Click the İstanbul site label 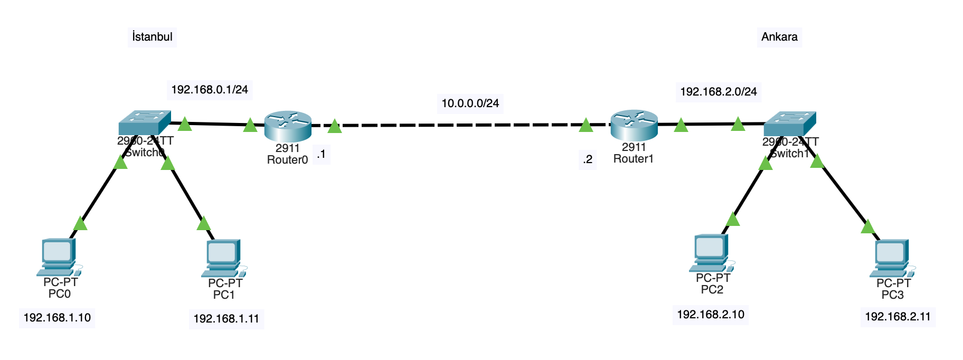(x=152, y=37)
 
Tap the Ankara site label (x=779, y=37)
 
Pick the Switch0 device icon (x=145, y=122)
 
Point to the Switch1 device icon (x=790, y=124)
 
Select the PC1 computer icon (x=223, y=258)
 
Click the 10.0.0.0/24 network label (x=470, y=103)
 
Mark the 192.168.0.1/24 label (x=210, y=90)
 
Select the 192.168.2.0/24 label (x=718, y=92)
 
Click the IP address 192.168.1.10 (x=57, y=318)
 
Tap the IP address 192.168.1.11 (x=226, y=319)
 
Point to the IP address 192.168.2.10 (x=711, y=315)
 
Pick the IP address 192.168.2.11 (x=898, y=317)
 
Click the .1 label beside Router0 (x=321, y=155)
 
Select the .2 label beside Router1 (x=588, y=159)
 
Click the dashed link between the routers (x=459, y=125)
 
